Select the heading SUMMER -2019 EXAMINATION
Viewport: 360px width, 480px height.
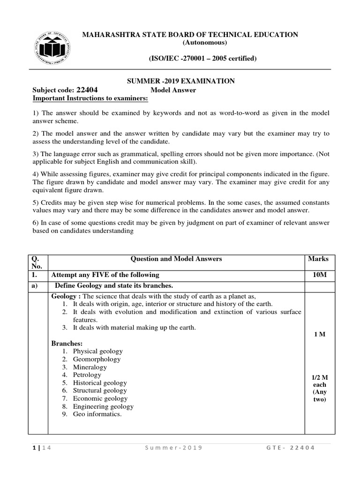[x=181, y=81]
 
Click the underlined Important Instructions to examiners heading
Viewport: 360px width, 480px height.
[x=90, y=98]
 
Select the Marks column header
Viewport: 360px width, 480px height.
[x=318, y=259]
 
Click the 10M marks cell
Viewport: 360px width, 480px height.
[x=318, y=275]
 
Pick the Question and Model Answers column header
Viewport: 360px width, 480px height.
[x=176, y=259]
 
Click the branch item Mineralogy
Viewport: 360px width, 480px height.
[x=90, y=367]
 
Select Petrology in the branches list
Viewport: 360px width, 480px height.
[x=87, y=375]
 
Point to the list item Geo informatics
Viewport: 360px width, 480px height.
[x=97, y=414]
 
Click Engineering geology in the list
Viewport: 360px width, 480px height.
[x=103, y=406]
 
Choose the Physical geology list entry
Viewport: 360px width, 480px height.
[x=97, y=351]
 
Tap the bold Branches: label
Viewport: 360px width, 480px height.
[x=67, y=344]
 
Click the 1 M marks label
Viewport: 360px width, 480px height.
[x=319, y=335]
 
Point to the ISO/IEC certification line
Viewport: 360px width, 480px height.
[x=190, y=59]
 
